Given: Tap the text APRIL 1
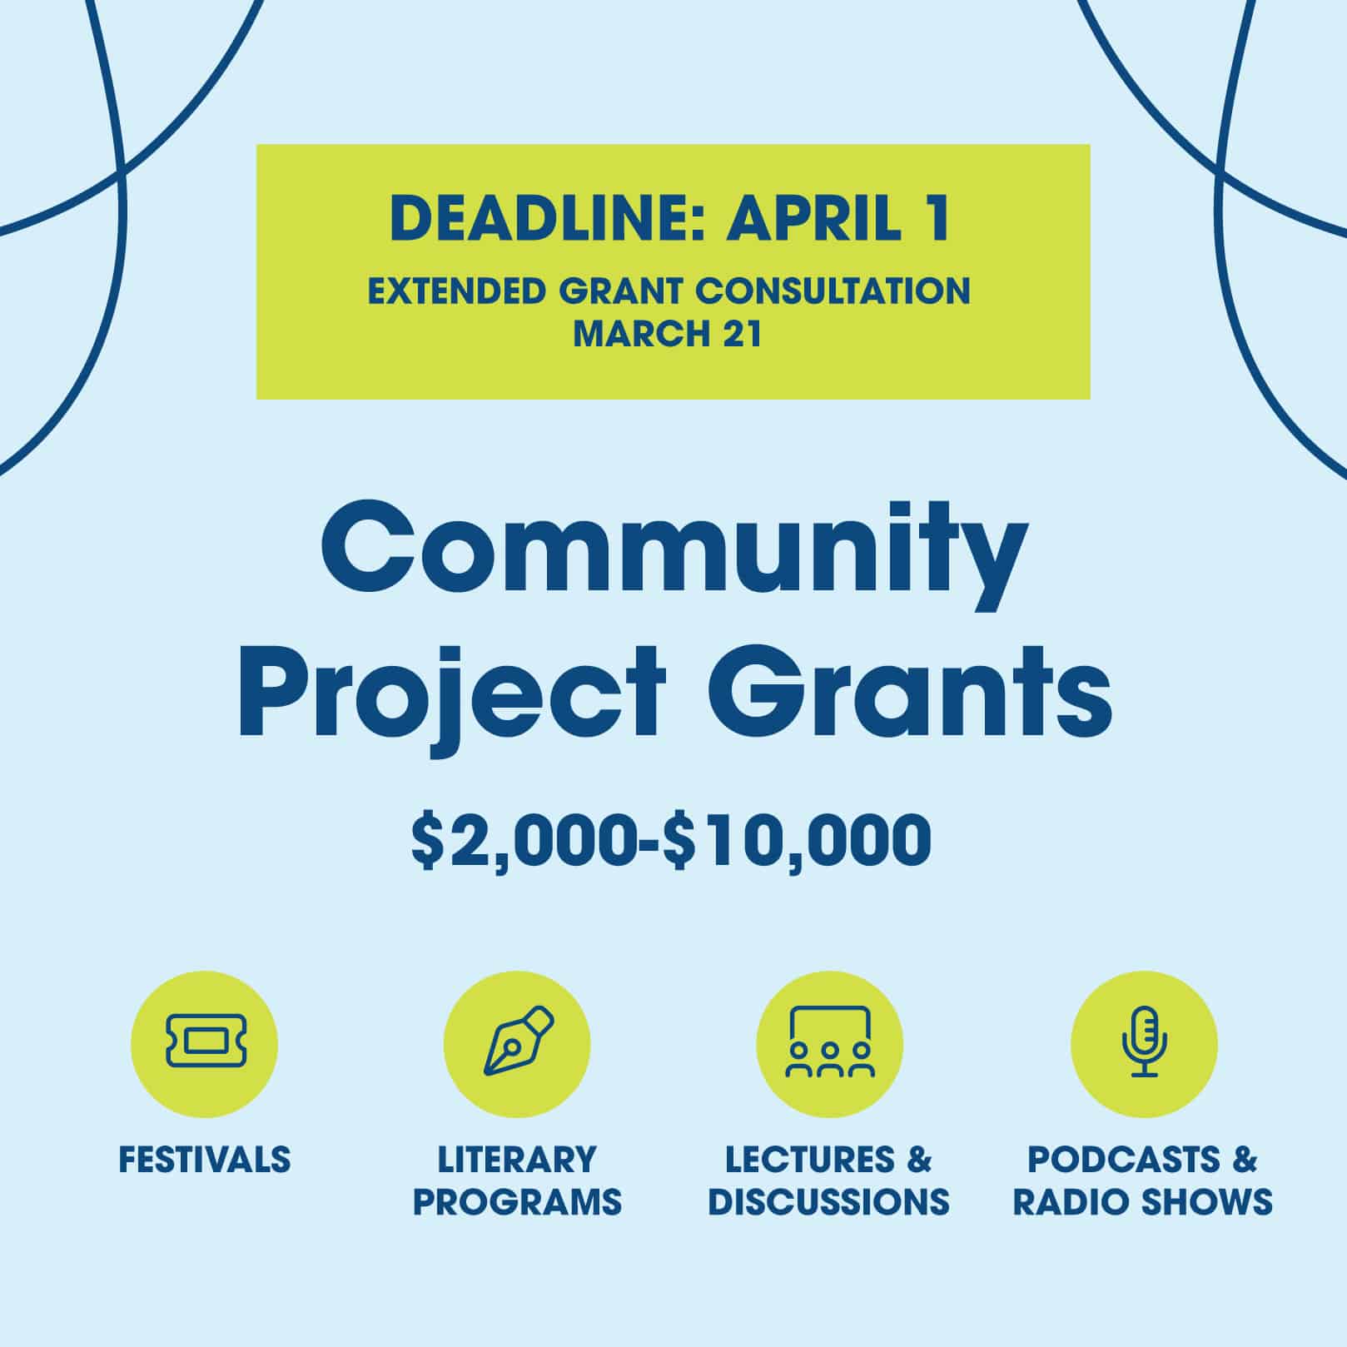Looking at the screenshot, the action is [838, 219].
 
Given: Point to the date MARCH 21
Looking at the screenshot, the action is [668, 334].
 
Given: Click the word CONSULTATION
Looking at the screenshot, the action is [833, 292].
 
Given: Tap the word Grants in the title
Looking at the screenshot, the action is [909, 692].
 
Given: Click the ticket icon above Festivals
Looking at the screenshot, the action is [205, 1040].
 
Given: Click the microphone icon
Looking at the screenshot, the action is [1145, 1041].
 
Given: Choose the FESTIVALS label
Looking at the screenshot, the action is [205, 1160].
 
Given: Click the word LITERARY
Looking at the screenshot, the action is [517, 1160].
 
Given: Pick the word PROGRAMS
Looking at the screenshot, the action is [517, 1202].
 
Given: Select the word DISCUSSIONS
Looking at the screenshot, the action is [829, 1202].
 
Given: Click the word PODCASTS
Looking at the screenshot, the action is [1124, 1160].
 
